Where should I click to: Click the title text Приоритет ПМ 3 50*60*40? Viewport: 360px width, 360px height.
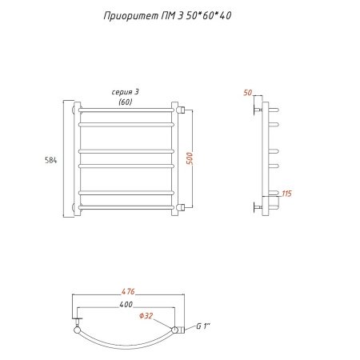point(167,16)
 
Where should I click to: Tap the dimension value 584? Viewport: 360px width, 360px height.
point(50,160)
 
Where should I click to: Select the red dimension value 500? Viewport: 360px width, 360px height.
point(190,158)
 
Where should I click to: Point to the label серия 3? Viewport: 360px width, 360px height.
point(125,92)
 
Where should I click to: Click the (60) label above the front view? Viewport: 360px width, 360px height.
point(126,102)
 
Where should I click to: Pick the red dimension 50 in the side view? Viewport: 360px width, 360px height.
point(248,93)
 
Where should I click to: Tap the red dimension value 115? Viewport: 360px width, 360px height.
point(286,194)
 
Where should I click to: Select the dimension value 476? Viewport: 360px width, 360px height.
point(128,292)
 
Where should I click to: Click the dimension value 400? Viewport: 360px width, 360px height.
point(126,305)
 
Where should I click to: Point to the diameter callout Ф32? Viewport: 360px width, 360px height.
point(146,316)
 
